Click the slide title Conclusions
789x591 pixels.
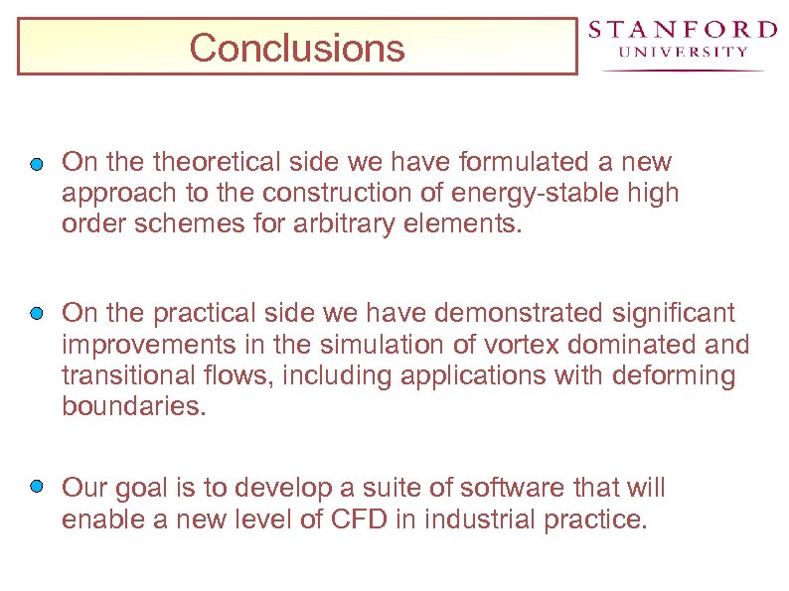[x=296, y=47]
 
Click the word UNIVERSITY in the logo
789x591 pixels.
[x=683, y=52]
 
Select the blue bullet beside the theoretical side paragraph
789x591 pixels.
[x=37, y=163]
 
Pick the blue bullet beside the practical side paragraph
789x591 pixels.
[x=37, y=314]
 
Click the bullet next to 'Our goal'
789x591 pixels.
[x=37, y=488]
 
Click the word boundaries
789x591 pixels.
[x=133, y=406]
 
